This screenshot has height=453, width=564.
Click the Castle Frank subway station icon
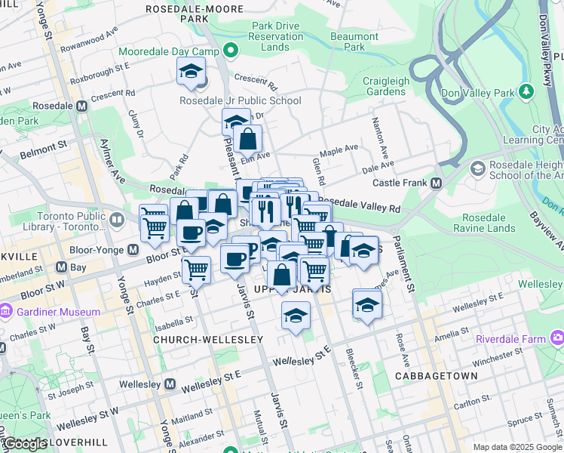click(x=436, y=183)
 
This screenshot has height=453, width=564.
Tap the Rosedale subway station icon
click(x=81, y=106)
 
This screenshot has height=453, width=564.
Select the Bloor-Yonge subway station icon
click(x=133, y=250)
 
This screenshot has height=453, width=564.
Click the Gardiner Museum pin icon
click(x=6, y=312)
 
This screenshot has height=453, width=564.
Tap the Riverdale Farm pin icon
click(x=557, y=338)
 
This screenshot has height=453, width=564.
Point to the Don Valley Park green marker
click(x=527, y=92)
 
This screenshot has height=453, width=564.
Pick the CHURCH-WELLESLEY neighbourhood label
click(x=208, y=340)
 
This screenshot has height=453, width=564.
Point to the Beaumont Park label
click(x=354, y=42)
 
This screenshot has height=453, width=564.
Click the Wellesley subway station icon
click(x=170, y=385)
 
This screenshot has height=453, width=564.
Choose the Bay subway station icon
click(x=57, y=267)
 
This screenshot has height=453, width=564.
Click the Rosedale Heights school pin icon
click(x=477, y=167)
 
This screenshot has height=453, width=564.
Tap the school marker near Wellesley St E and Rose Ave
click(x=367, y=304)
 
